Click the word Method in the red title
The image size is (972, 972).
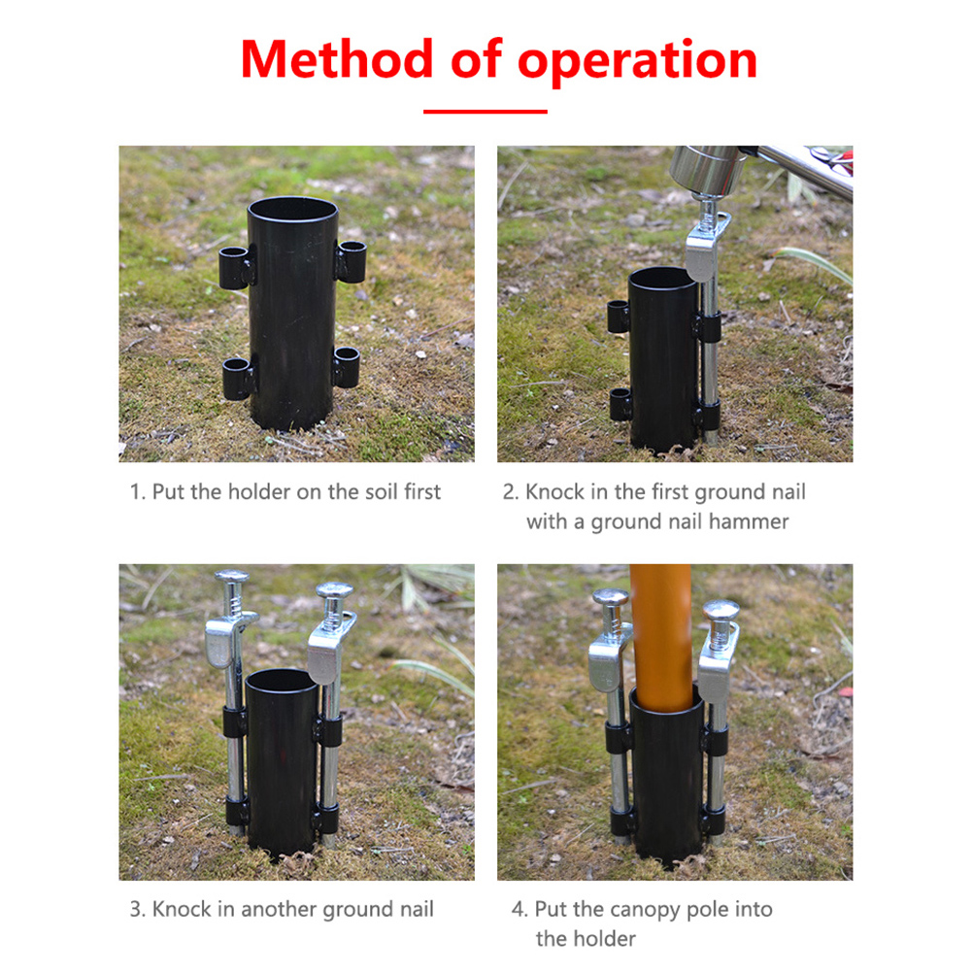click(x=337, y=59)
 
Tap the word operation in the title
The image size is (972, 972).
click(x=637, y=62)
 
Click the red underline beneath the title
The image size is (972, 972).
click(x=486, y=112)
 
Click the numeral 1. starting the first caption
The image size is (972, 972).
click(x=138, y=491)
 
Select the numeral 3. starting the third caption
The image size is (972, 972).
click(x=138, y=910)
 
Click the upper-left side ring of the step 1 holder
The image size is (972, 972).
click(x=236, y=267)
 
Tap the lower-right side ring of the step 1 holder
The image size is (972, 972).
click(x=348, y=367)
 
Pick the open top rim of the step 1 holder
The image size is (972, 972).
click(x=292, y=210)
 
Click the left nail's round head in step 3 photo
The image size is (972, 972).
click(x=232, y=576)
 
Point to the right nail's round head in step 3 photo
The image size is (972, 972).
click(x=335, y=588)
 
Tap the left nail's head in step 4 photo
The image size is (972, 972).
click(x=611, y=597)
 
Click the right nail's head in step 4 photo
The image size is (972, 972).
click(x=721, y=609)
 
